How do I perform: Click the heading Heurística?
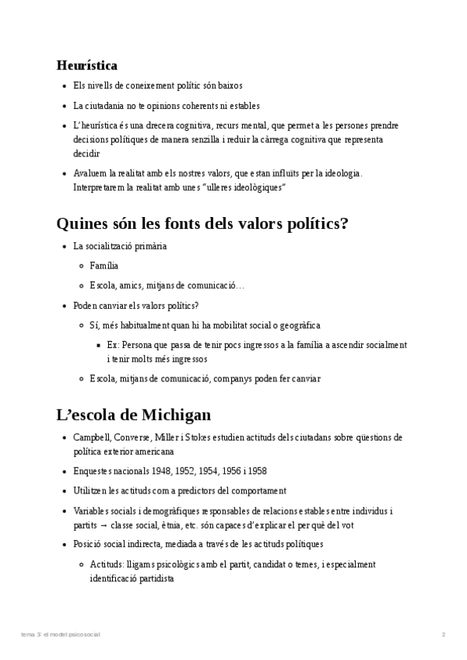(x=86, y=65)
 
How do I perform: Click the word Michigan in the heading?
(x=178, y=414)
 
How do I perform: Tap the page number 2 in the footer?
(x=443, y=634)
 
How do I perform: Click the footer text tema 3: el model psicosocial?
(x=61, y=634)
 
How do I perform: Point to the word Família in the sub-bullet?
(x=104, y=266)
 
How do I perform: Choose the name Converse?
(x=135, y=437)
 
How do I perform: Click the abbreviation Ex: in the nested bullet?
(x=113, y=345)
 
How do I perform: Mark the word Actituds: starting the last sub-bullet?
(x=109, y=564)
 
